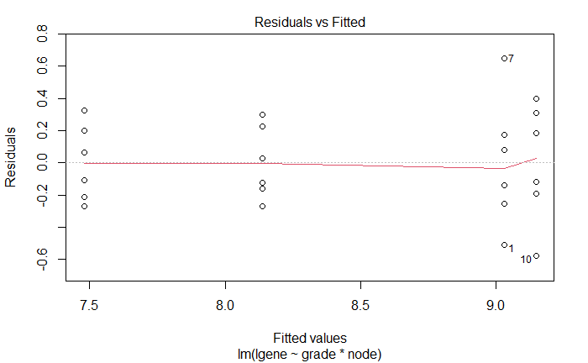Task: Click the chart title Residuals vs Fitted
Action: pos(309,23)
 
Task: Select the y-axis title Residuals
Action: pos(12,157)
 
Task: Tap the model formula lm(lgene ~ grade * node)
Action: pos(309,354)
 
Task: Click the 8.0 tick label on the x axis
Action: pos(224,305)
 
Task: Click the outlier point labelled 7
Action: pos(504,58)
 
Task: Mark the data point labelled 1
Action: pos(504,245)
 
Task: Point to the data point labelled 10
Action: pos(536,256)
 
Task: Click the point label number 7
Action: pos(511,59)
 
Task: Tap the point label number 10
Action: pos(525,260)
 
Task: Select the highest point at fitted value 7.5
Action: pos(85,111)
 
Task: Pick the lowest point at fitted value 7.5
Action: pos(85,206)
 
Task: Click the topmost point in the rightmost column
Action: pos(536,99)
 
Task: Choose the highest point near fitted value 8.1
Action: pos(262,114)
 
